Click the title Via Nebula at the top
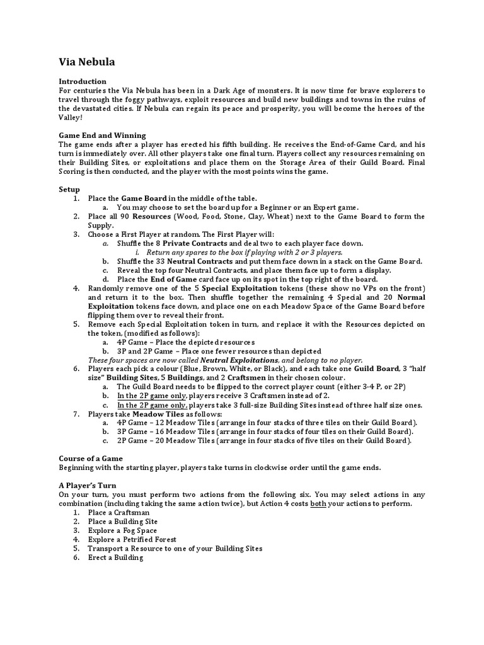(87, 62)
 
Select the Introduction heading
(83, 81)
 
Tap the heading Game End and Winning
(102, 135)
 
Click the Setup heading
(69, 189)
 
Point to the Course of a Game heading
(91, 458)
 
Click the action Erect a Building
(115, 557)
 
